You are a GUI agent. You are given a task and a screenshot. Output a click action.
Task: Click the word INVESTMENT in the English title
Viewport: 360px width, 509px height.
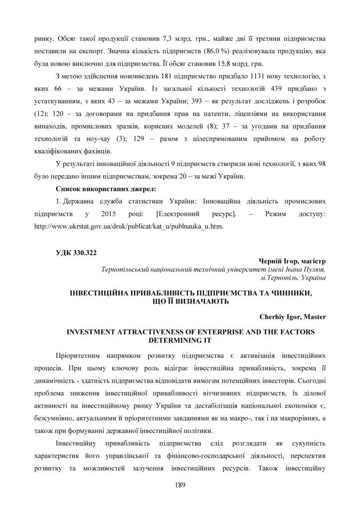click(94, 332)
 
